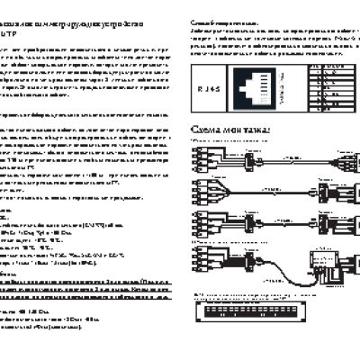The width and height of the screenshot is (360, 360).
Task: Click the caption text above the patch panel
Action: tap(261, 294)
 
